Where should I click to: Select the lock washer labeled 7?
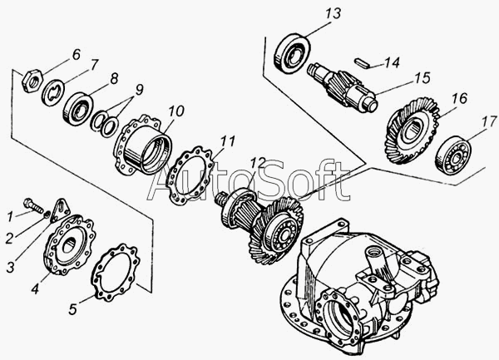[x=53, y=92]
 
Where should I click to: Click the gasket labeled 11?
[x=190, y=175]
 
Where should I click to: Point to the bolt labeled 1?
[x=33, y=205]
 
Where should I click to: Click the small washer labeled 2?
[x=47, y=215]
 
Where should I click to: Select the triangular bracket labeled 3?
[x=61, y=210]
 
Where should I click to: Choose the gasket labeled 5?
[x=116, y=273]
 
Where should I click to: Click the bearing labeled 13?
[x=292, y=52]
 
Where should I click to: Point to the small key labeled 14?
[x=362, y=62]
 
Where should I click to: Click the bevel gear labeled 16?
[x=411, y=131]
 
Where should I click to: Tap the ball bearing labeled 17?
[x=453, y=155]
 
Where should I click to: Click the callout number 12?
[x=257, y=163]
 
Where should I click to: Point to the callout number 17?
[x=489, y=122]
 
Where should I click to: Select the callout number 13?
[x=333, y=13]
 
